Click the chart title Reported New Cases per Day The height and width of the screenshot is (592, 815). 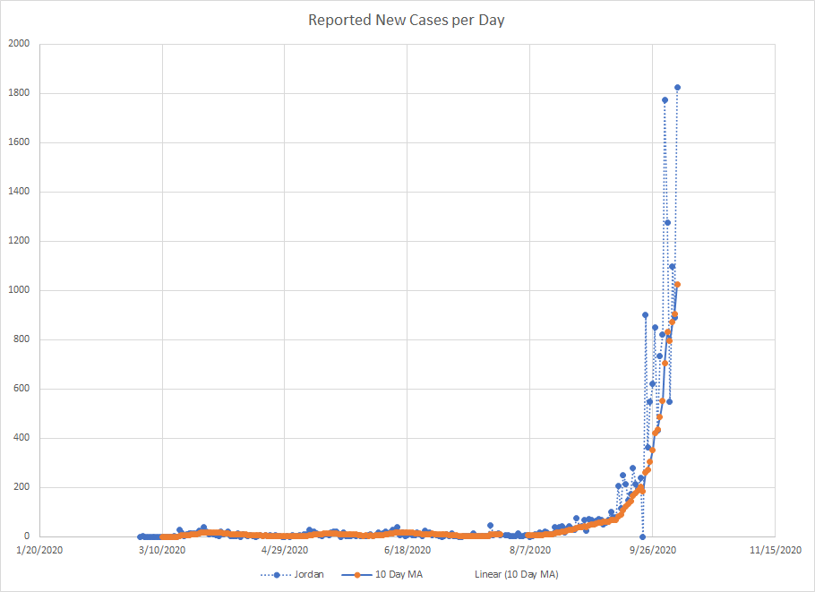coord(407,20)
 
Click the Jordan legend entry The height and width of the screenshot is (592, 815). coord(301,574)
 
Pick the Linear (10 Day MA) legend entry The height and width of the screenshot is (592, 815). coord(519,574)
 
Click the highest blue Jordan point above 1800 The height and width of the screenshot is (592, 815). coord(677,88)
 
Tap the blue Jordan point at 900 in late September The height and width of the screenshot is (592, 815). coord(645,315)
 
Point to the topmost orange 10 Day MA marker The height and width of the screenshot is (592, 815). coord(678,285)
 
